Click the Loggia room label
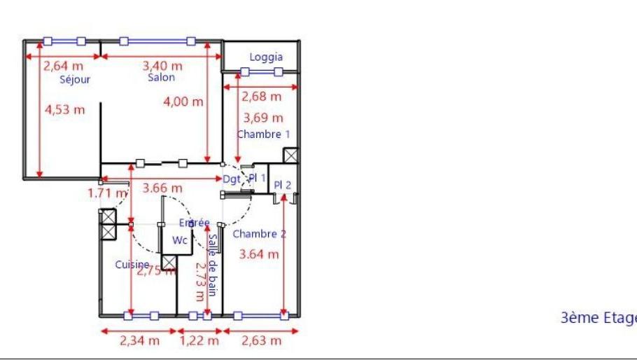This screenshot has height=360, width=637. point(266,57)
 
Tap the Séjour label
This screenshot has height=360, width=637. point(75,80)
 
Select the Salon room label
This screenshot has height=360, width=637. point(161,78)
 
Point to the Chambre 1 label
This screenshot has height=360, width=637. point(263,134)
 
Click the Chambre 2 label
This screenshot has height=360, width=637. point(259,234)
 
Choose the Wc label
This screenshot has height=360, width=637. point(181,240)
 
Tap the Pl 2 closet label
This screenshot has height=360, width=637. point(282,185)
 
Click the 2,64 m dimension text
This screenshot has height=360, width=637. point(63,67)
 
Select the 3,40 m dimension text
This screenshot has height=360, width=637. point(162,66)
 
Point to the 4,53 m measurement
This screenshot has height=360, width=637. point(64,110)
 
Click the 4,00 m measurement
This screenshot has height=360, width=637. point(183,102)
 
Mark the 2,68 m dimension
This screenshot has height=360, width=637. point(261,97)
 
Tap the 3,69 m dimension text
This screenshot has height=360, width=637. point(263,118)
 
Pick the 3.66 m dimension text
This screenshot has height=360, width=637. point(162,188)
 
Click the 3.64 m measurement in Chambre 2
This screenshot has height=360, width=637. point(259,254)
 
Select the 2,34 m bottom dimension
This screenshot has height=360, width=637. point(139,341)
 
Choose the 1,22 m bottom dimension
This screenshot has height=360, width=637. point(199,341)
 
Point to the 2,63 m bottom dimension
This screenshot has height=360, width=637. point(261,341)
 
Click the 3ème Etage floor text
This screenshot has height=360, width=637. point(599,318)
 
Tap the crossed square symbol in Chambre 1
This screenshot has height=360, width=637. point(290,155)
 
